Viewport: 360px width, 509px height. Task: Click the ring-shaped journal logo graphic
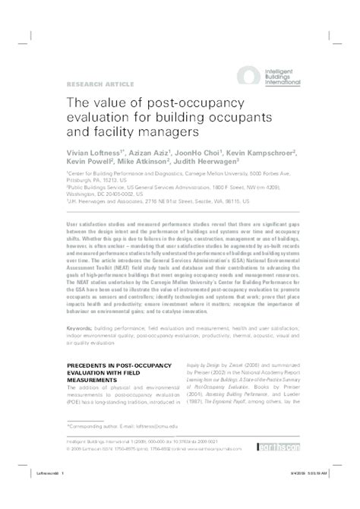248,74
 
